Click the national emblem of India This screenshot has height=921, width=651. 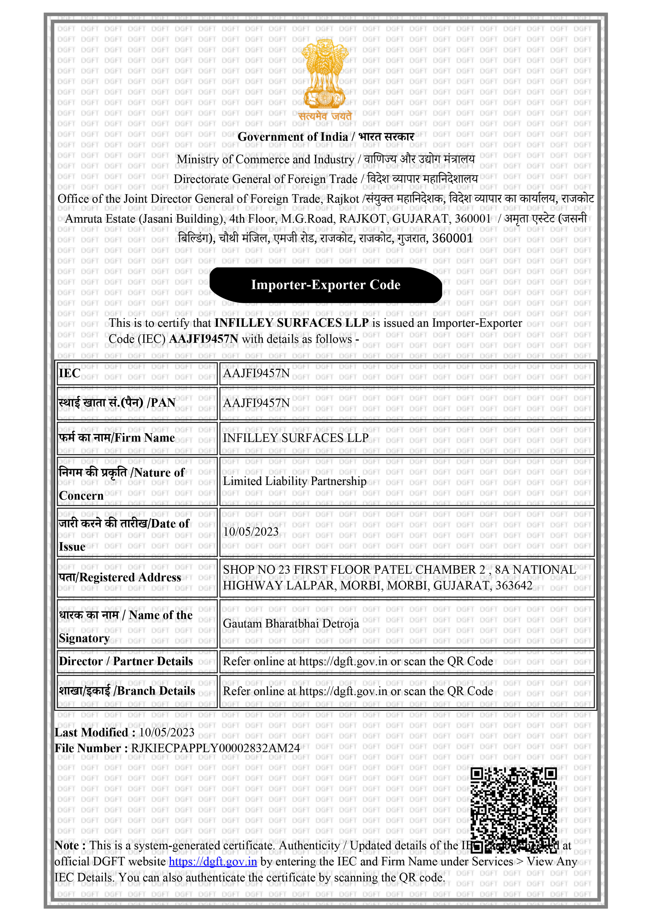pos(325,74)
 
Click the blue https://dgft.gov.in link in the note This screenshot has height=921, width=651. pos(213,861)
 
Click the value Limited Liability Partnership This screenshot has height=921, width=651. pos(295,481)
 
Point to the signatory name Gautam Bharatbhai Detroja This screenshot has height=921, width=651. pos(291,623)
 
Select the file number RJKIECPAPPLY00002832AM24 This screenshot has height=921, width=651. pos(216,748)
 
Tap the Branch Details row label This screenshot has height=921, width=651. pos(127,691)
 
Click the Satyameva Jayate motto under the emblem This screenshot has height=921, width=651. pos(325,116)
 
